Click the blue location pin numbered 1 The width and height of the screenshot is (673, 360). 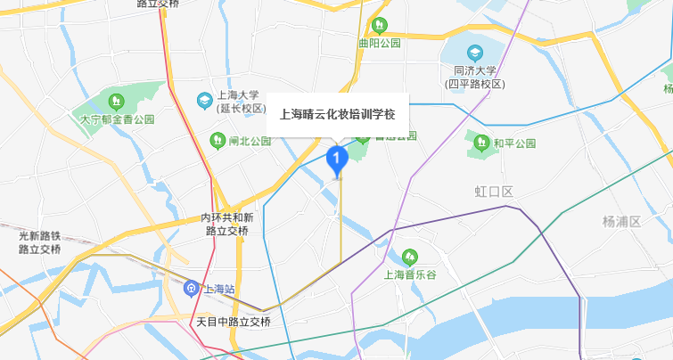coord(336,160)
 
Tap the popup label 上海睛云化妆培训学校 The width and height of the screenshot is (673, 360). coord(337,113)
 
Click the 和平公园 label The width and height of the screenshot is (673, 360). coord(514,143)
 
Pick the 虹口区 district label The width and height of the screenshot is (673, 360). coord(494,192)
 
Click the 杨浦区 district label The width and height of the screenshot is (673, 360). coord(621,221)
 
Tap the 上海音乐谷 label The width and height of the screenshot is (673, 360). coord(411,274)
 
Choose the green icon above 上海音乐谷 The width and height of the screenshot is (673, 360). coord(410,258)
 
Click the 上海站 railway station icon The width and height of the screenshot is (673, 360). coord(191,288)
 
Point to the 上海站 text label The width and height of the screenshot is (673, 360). coord(218,289)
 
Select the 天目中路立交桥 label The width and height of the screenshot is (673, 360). coord(233,321)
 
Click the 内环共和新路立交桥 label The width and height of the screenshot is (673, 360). coord(226,224)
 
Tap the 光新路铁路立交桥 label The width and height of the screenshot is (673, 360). coord(39,242)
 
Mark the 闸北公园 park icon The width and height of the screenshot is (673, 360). coord(217,140)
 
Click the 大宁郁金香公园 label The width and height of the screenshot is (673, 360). coord(118,118)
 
